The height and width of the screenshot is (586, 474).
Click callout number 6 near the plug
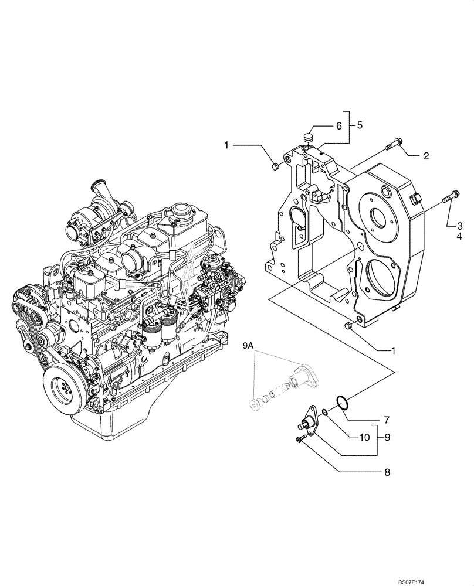(338, 125)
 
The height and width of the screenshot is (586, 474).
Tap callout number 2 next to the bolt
(426, 156)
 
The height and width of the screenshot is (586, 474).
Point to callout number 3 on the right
(460, 225)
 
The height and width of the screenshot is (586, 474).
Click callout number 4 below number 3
(460, 237)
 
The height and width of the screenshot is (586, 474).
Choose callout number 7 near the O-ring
(387, 420)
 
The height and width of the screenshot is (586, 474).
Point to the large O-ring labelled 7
(341, 402)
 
